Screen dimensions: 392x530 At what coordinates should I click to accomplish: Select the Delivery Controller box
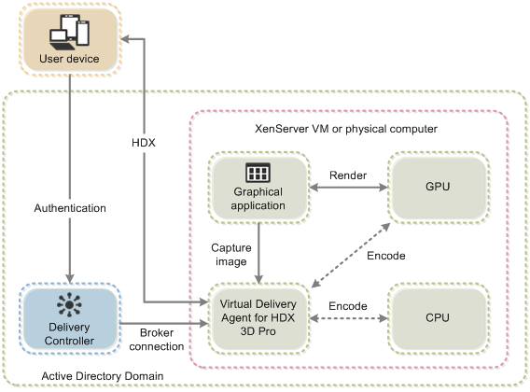tap(70, 317)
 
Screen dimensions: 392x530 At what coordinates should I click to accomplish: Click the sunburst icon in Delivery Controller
tap(70, 304)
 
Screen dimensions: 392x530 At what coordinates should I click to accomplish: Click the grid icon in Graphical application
tap(257, 173)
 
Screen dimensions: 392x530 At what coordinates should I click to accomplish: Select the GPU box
tap(437, 187)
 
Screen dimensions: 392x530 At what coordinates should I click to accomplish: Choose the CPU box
tap(437, 317)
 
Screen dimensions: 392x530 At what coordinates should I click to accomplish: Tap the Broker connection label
tap(162, 339)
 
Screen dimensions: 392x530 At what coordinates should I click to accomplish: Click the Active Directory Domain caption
tap(85, 375)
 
